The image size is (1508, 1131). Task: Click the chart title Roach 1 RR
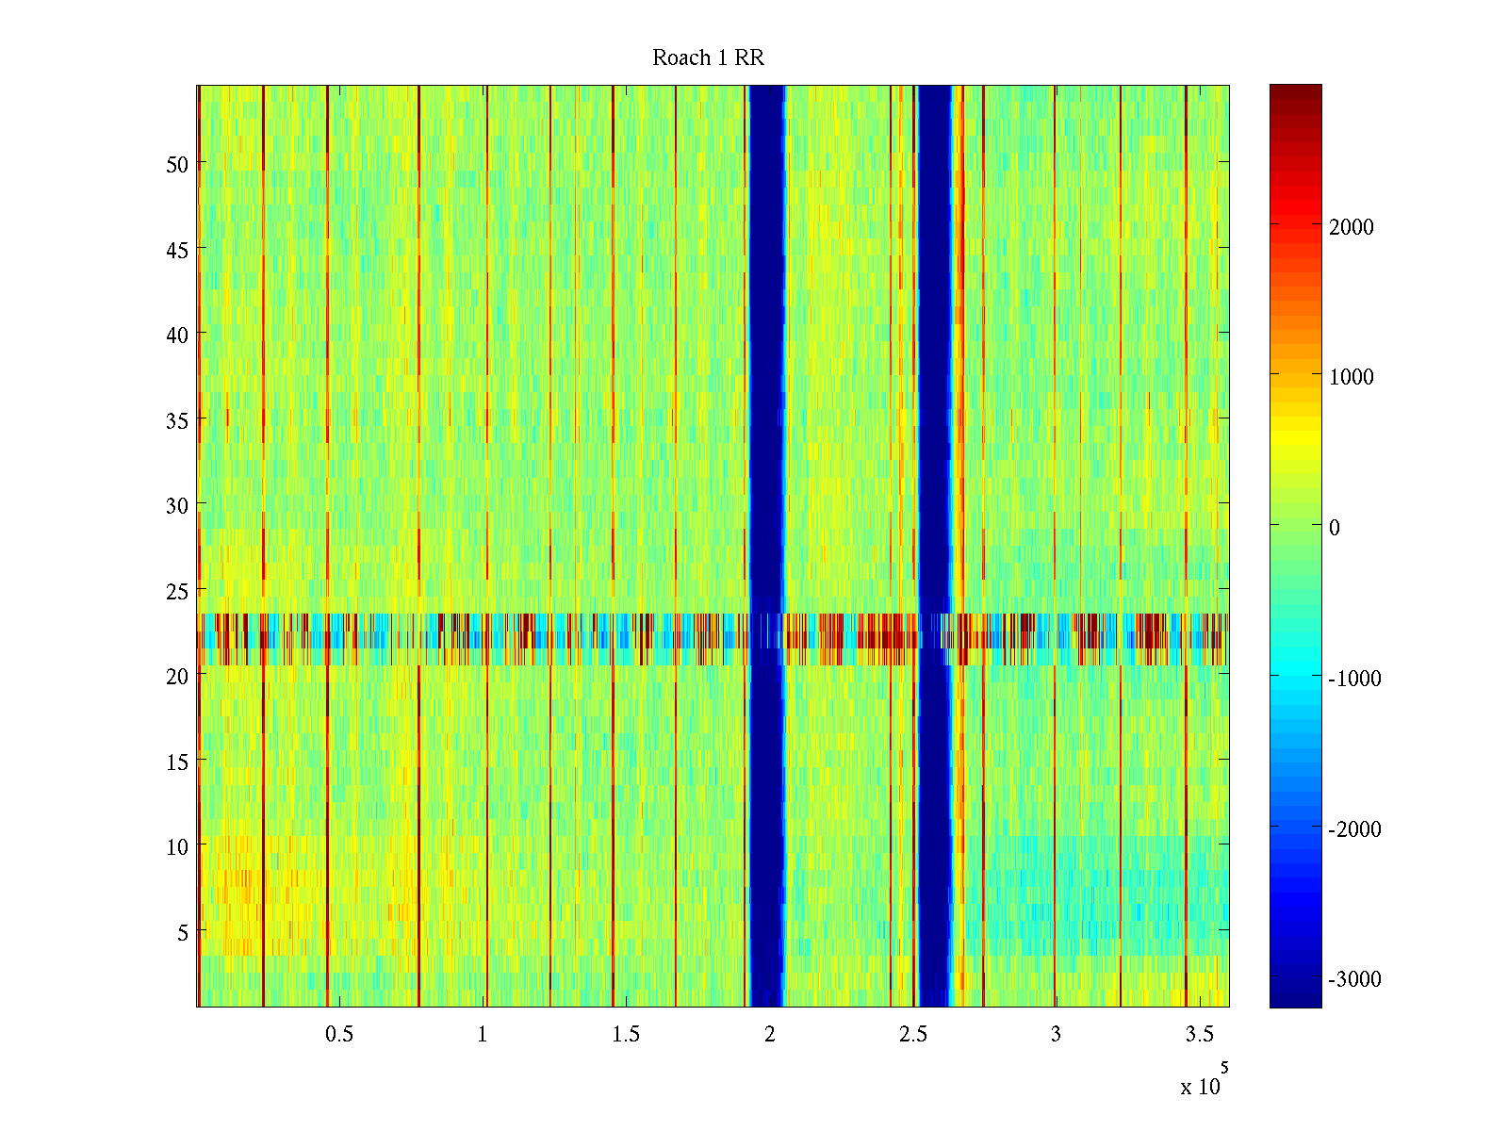point(708,58)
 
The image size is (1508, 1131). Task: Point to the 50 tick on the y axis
point(177,164)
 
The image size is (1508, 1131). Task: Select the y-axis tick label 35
point(177,420)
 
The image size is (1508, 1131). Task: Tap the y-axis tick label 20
point(177,676)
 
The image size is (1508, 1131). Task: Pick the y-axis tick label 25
point(177,591)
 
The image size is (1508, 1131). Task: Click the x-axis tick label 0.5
point(339,1035)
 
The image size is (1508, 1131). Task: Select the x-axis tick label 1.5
point(626,1035)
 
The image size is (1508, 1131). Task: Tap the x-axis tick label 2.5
point(912,1035)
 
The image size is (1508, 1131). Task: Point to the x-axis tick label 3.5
point(1199,1035)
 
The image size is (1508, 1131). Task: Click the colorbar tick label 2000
point(1352,227)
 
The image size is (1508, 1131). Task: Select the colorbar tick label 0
point(1335,528)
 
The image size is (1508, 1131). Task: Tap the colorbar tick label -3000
point(1354,979)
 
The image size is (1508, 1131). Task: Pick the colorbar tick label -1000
point(1354,679)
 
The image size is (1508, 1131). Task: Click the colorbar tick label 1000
point(1352,377)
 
